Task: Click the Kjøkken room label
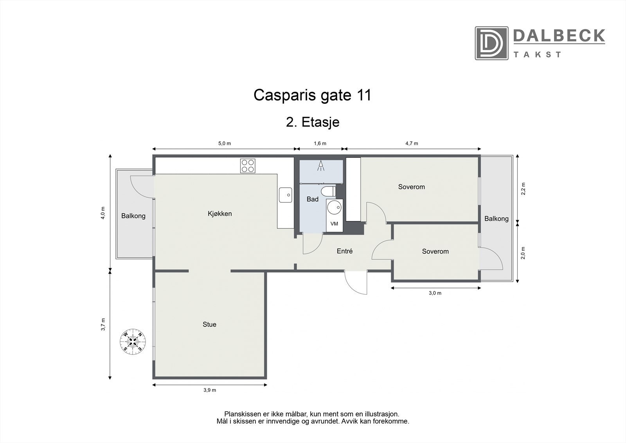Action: tap(219, 213)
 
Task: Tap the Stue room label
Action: tap(209, 324)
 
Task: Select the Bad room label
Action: tap(312, 199)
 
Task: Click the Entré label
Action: tap(345, 251)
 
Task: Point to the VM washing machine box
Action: tap(334, 224)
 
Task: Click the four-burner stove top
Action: tap(248, 166)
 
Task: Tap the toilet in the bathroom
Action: tap(328, 191)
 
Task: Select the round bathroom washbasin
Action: tap(334, 208)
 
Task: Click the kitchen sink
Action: tap(286, 195)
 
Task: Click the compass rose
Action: tap(133, 341)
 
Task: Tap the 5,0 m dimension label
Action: tap(224, 143)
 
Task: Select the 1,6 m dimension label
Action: tap(320, 143)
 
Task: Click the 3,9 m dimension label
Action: tap(210, 390)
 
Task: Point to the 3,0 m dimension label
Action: tap(435, 293)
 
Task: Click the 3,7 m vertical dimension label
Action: tap(103, 325)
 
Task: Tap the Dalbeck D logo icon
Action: tap(491, 43)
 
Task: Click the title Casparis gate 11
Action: tap(312, 95)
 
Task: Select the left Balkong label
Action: tap(133, 216)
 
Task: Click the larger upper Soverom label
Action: tap(411, 187)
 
